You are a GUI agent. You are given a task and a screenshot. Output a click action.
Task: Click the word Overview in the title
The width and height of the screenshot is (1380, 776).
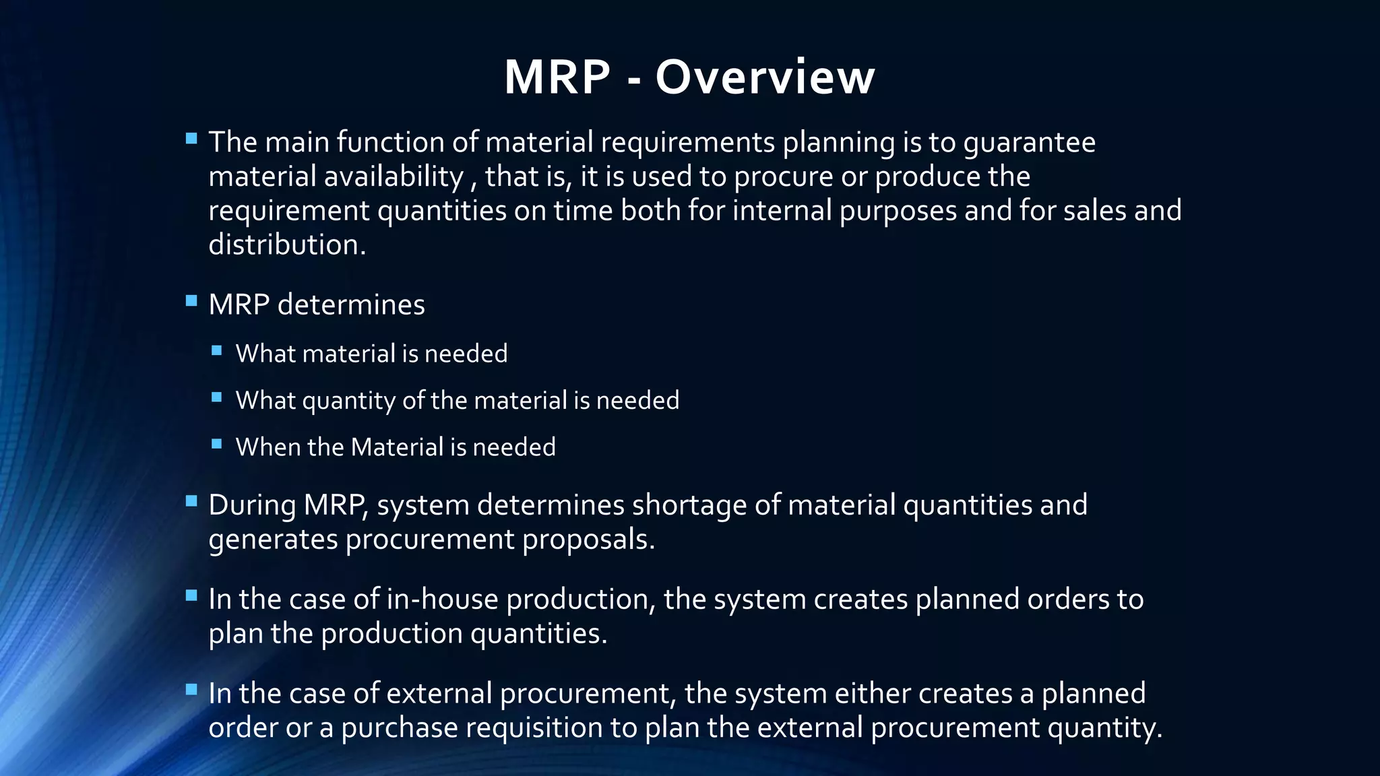(765, 77)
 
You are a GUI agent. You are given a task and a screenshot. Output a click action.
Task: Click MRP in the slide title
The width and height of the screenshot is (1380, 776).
(557, 77)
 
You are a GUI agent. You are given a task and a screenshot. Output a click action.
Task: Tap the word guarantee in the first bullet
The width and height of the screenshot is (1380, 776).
(1029, 143)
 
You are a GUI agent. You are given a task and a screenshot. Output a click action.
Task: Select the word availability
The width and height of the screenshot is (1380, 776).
(394, 177)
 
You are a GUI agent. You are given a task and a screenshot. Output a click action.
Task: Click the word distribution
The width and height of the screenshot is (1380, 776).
(287, 245)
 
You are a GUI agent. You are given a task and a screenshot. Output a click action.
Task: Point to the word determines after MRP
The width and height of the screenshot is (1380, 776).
(351, 304)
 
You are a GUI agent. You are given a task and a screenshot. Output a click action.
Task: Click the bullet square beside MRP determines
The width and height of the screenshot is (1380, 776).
(191, 300)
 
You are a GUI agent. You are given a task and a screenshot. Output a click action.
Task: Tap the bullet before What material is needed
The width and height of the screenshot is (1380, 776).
(216, 350)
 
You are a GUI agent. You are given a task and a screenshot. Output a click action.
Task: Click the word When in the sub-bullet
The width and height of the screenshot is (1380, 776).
(268, 447)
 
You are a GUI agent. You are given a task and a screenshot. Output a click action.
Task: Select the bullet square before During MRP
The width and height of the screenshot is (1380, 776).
(191, 501)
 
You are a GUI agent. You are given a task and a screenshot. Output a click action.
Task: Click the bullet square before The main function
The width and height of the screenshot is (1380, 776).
(191, 139)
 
